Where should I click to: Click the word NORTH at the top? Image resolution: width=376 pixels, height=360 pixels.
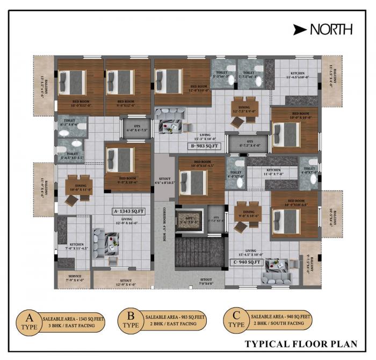pyautogui.click(x=331, y=29)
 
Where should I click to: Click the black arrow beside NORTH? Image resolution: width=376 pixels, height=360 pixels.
pyautogui.click(x=300, y=29)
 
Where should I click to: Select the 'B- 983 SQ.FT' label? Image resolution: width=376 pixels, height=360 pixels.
pyautogui.click(x=204, y=146)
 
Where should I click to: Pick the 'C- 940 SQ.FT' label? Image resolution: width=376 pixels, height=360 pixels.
pyautogui.click(x=247, y=262)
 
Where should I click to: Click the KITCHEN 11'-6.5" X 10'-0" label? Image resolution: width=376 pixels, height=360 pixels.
pyautogui.click(x=299, y=76)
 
